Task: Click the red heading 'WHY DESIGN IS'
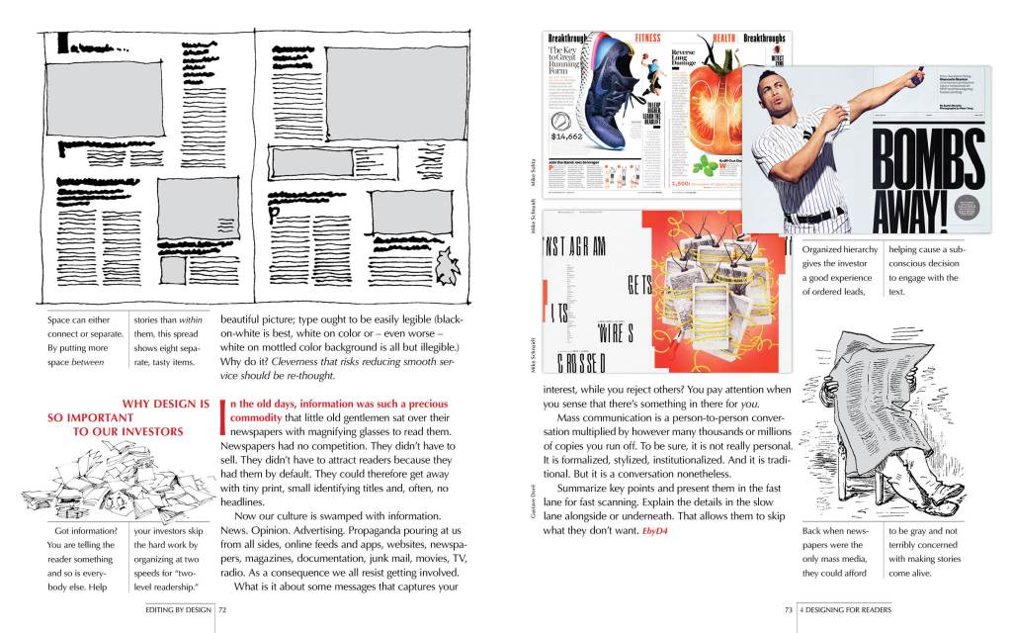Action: pos(165,403)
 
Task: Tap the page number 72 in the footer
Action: pos(223,610)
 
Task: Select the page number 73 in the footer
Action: pos(789,610)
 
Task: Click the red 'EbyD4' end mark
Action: pos(655,532)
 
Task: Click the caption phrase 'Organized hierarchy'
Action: pos(839,250)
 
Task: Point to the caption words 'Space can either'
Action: pos(80,320)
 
